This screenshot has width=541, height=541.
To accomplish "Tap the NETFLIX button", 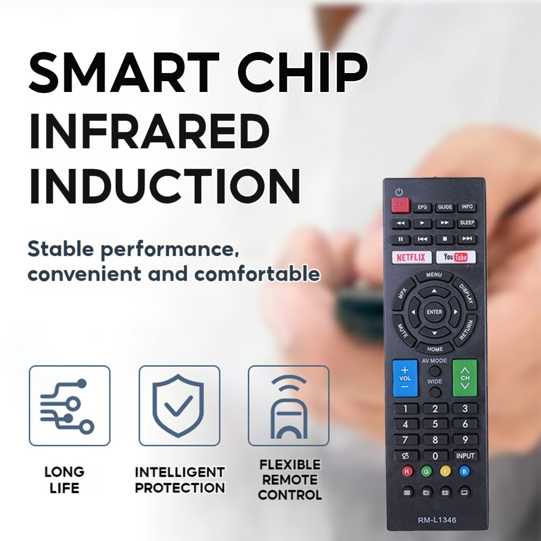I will click(411, 257).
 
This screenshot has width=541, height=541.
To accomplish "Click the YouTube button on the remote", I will click(456, 257).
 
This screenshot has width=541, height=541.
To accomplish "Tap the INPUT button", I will click(465, 456).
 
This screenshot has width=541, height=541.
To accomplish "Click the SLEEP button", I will click(466, 222).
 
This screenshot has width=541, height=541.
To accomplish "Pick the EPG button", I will click(422, 207).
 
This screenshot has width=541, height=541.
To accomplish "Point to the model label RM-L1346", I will click(437, 520).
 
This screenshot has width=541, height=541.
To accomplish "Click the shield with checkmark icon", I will click(179, 405).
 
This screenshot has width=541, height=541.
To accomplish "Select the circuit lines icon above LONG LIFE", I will click(69, 405).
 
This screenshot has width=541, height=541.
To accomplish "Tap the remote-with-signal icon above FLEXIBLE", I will click(288, 405).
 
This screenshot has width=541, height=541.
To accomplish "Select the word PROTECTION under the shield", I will click(180, 487).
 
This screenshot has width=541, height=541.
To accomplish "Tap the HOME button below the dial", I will click(434, 349).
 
